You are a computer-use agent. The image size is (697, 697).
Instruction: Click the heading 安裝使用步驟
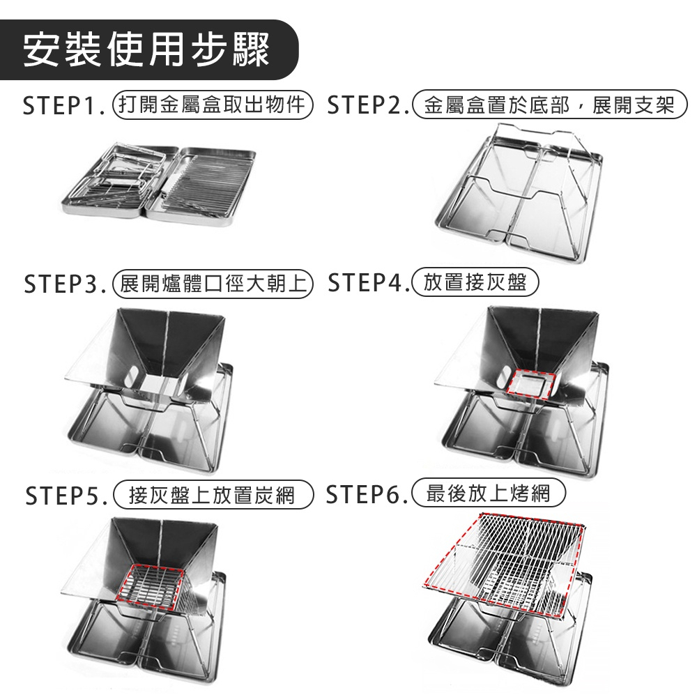pyautogui.click(x=146, y=49)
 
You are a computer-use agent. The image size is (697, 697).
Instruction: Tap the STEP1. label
pyautogui.click(x=64, y=105)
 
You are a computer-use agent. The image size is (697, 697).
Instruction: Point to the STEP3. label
pyautogui.click(x=65, y=284)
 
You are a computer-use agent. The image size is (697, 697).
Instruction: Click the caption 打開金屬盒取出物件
pyautogui.click(x=213, y=105)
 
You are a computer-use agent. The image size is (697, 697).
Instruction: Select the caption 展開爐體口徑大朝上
pyautogui.click(x=213, y=284)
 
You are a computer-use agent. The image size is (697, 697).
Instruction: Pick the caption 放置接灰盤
pyautogui.click(x=475, y=282)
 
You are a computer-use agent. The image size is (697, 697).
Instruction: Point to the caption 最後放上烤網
pyautogui.click(x=489, y=493)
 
